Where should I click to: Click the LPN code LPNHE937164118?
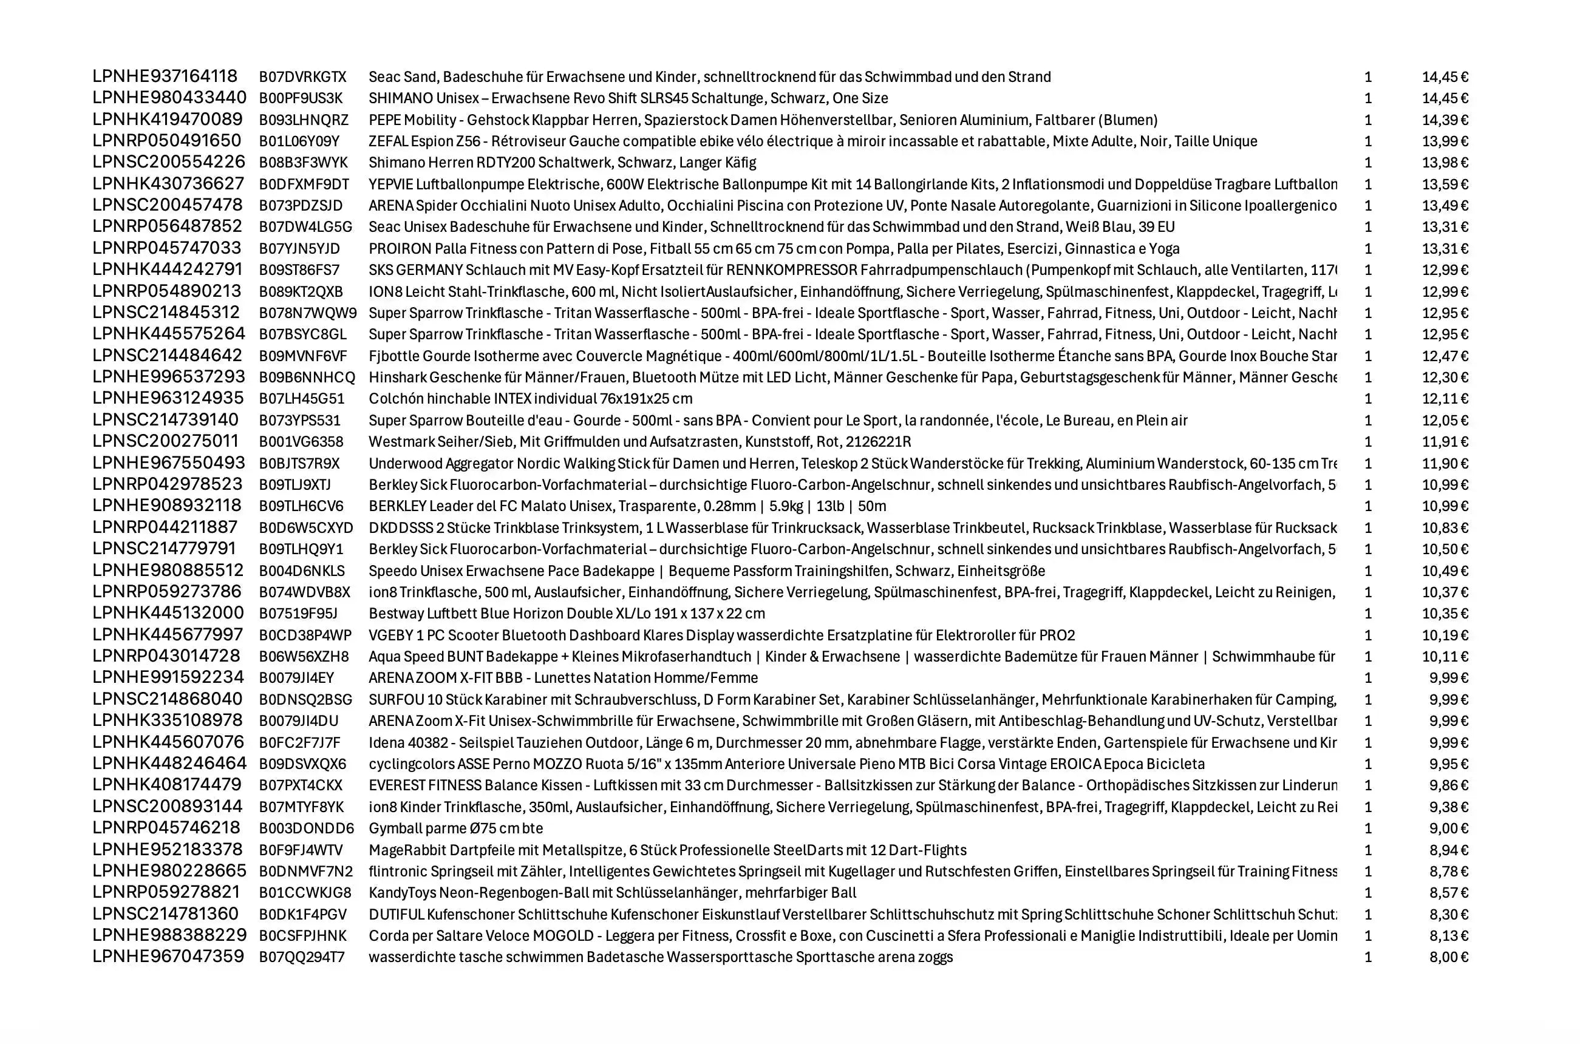[165, 76]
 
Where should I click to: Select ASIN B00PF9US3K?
[301, 98]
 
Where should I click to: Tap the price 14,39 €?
[1445, 120]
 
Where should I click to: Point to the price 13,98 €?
[1445, 163]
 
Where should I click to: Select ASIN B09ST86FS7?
[299, 270]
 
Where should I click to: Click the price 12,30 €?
[1445, 378]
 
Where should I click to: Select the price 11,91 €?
[1445, 441]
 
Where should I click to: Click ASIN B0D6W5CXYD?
[306, 528]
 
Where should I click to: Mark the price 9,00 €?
[1448, 829]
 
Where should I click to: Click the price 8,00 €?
[1448, 957]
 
